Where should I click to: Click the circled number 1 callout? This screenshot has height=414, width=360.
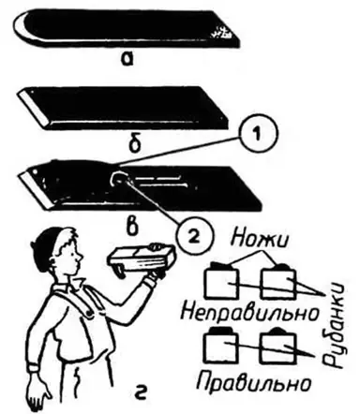pos(258,136)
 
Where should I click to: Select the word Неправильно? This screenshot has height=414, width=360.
pos(249,312)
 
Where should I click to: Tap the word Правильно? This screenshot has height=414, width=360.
pos(254,380)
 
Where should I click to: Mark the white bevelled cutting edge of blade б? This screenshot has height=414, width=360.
pos(34,107)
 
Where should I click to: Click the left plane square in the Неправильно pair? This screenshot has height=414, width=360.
pos(221,283)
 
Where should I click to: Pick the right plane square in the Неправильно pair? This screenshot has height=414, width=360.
pos(278,283)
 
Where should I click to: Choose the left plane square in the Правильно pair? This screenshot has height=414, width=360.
pos(221,347)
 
